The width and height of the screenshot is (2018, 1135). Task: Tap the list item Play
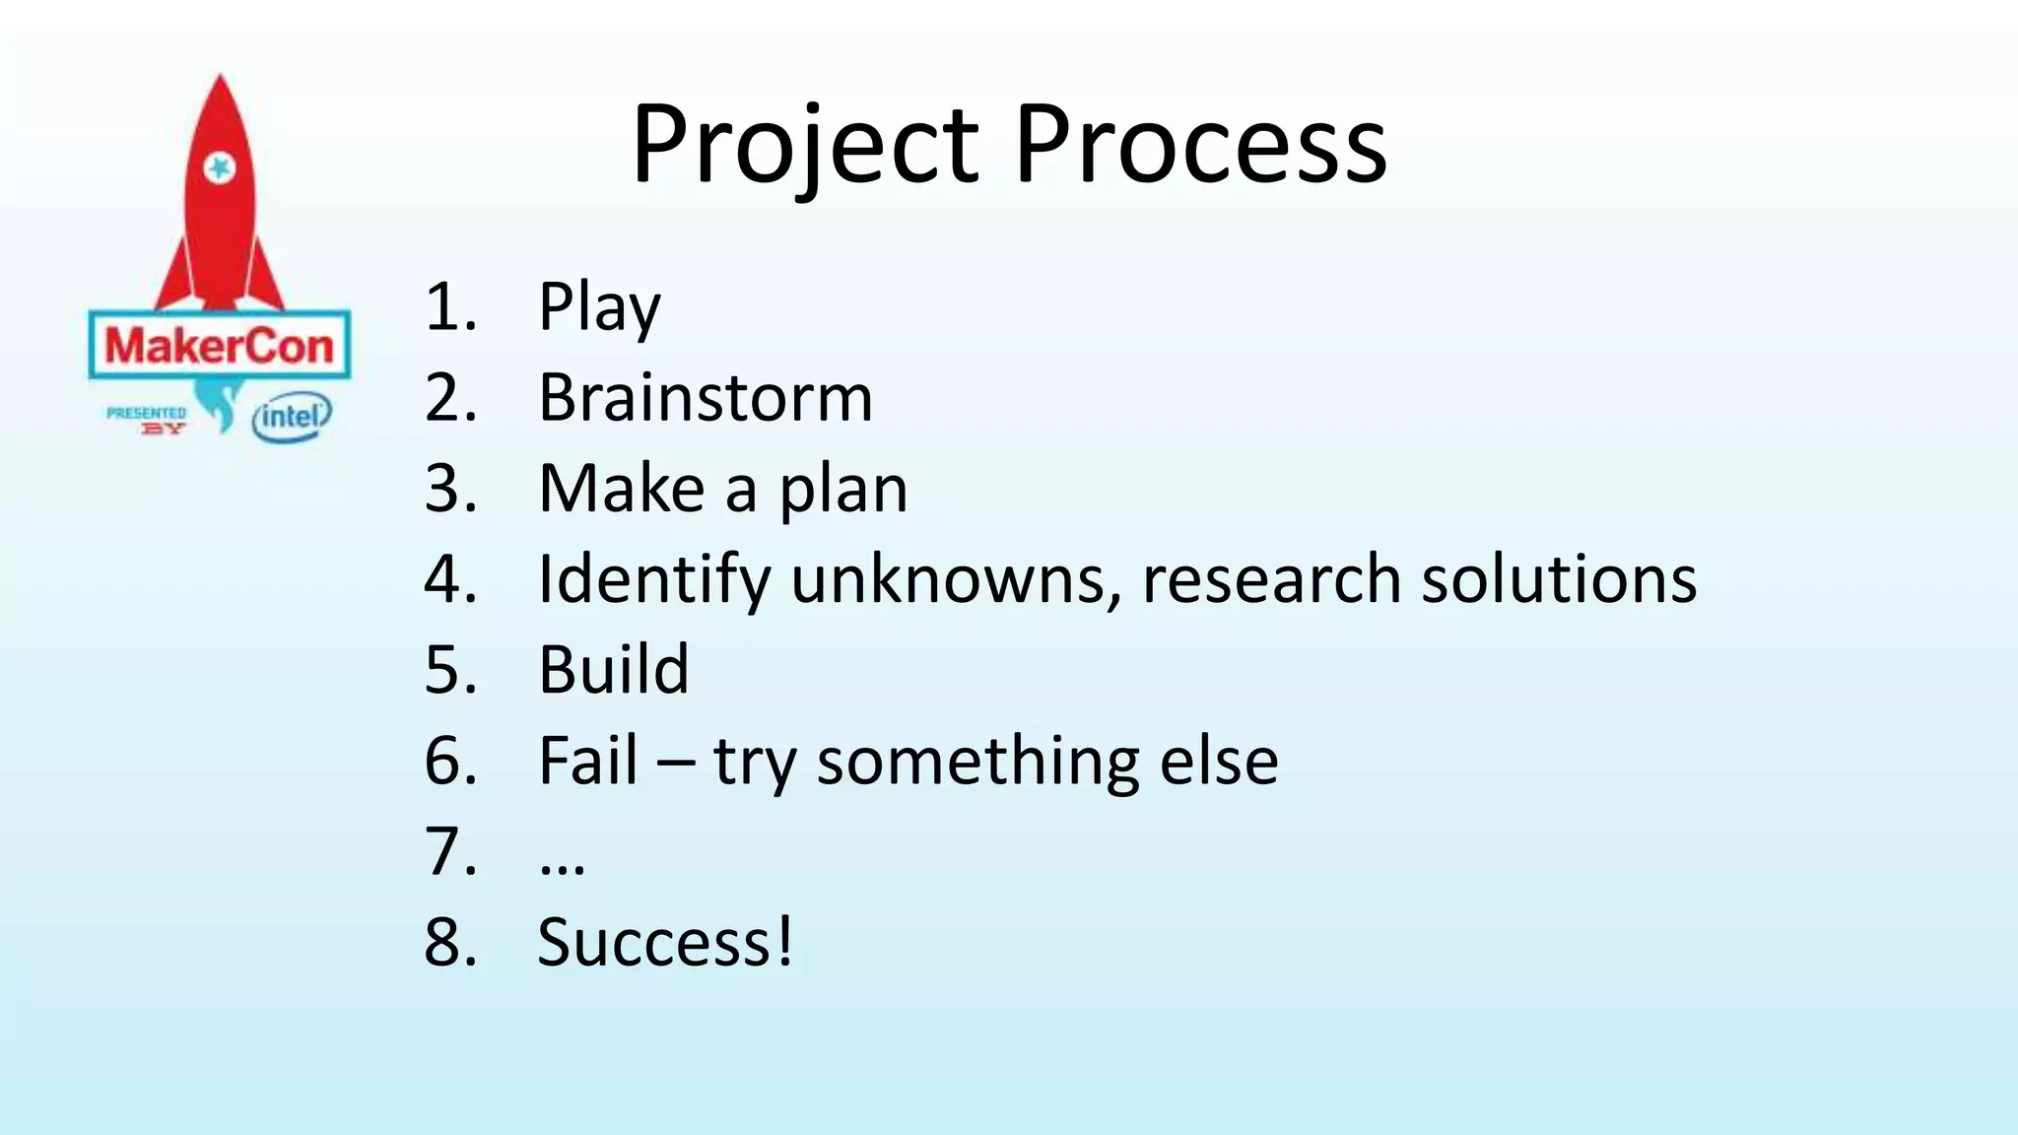598,308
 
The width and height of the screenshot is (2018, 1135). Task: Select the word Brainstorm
705,398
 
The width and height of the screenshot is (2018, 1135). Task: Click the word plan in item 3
843,490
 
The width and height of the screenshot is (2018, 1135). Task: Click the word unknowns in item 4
956,579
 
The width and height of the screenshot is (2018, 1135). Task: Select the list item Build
613,670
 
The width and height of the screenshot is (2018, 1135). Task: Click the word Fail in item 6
588,761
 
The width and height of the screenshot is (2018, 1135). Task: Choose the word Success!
665,943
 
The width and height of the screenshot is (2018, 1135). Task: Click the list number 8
449,943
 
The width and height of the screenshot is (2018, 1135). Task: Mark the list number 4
449,579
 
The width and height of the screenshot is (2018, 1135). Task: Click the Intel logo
292,418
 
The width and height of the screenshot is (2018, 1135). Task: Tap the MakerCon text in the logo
219,346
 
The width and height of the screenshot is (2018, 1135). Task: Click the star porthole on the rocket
219,168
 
